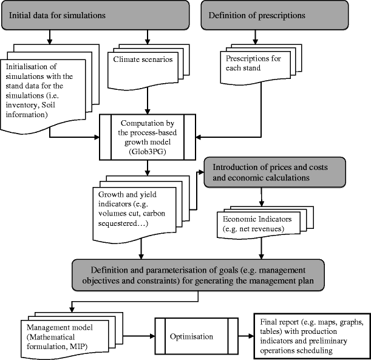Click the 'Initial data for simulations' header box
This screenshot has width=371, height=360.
(x=97, y=14)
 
